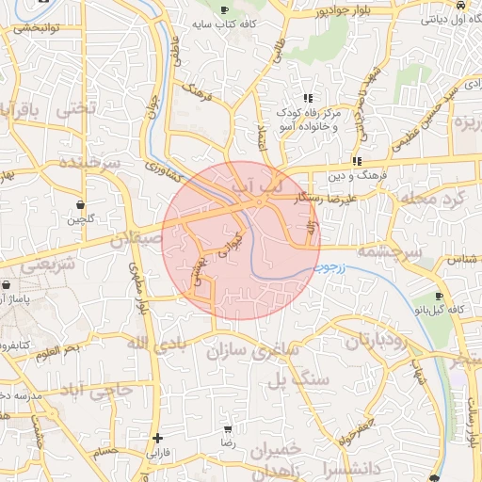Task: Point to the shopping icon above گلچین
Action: [80, 204]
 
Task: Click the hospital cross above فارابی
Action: [157, 438]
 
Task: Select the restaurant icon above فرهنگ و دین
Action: [357, 161]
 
